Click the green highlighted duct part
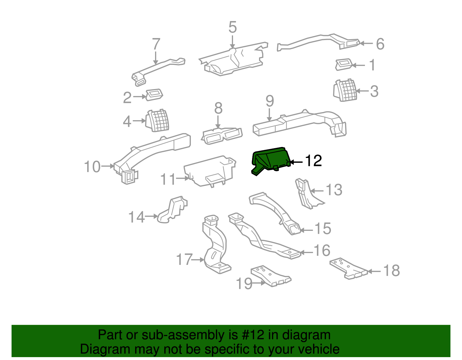(270, 160)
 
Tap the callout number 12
(313, 161)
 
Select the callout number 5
(232, 27)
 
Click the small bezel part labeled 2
(154, 95)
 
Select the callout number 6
(380, 44)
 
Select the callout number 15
(323, 228)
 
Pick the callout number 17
(184, 259)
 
